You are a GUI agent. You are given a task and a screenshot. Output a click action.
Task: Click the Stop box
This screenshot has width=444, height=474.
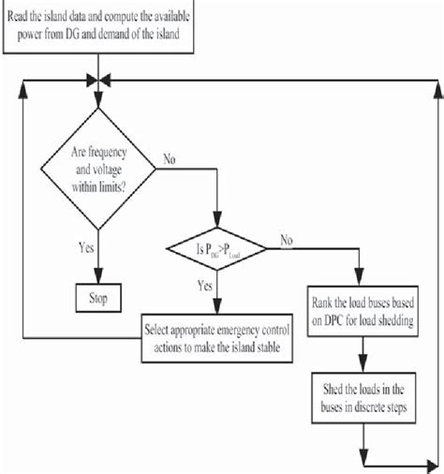(99, 300)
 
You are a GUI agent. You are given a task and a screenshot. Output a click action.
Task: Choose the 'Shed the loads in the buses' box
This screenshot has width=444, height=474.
(360, 400)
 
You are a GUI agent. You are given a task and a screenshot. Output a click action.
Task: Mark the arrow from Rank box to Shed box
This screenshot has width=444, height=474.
(361, 356)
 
